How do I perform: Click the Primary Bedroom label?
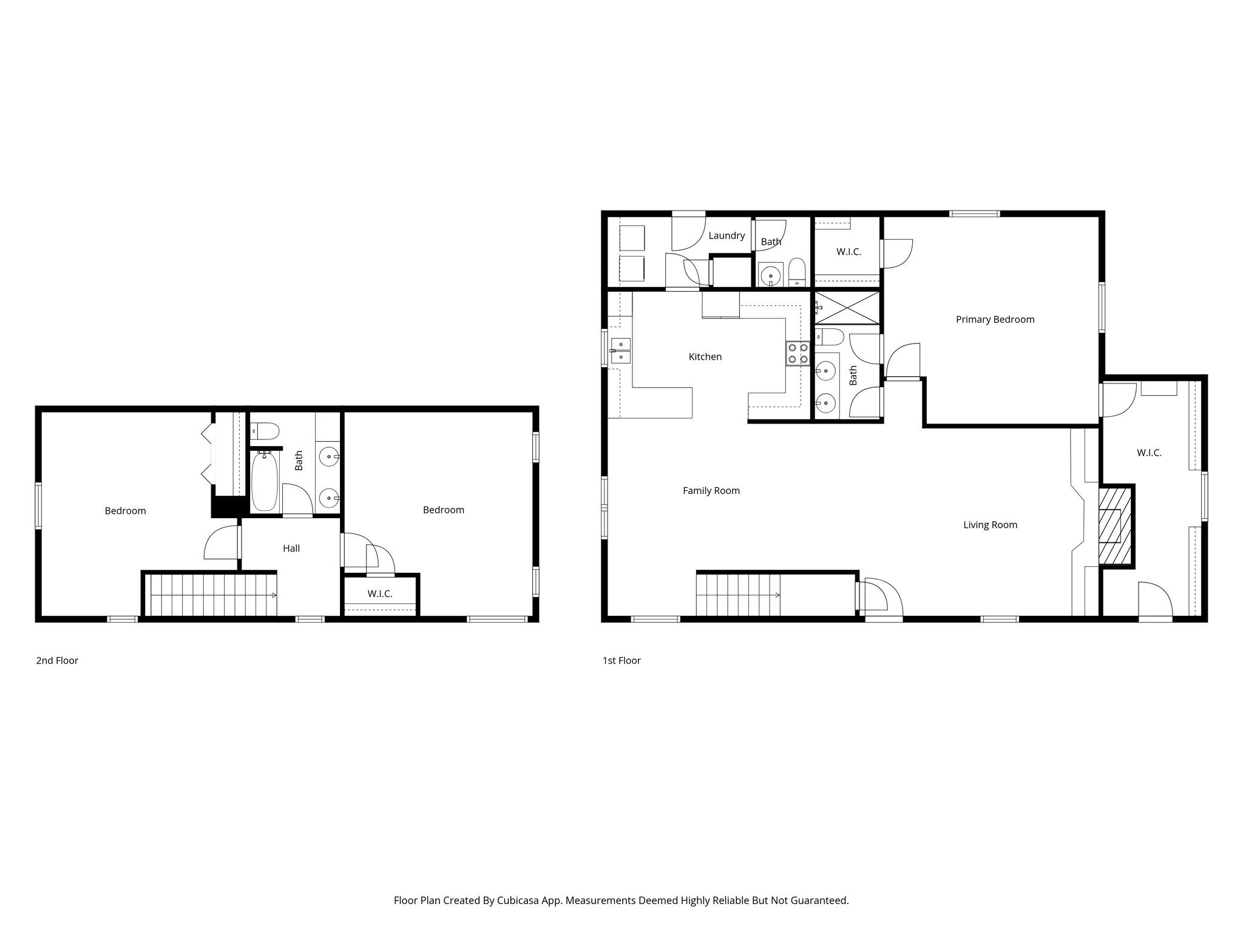coord(995,320)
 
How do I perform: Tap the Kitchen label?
coord(705,357)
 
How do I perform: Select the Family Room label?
coord(711,491)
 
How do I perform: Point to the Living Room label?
coord(990,525)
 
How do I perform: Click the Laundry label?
coord(726,235)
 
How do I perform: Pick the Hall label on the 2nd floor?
coord(291,549)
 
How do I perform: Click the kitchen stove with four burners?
coord(798,354)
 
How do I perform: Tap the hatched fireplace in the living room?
coord(1116,526)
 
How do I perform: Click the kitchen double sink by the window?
coord(620,350)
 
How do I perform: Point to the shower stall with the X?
coord(847,308)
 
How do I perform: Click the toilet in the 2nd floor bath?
coord(266,431)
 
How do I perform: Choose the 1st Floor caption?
coord(621,661)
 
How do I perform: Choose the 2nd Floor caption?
coord(57,661)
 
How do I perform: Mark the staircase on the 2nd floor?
coord(212,595)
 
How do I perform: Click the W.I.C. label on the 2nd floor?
coord(380,594)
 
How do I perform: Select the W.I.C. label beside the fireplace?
coord(1149,453)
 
